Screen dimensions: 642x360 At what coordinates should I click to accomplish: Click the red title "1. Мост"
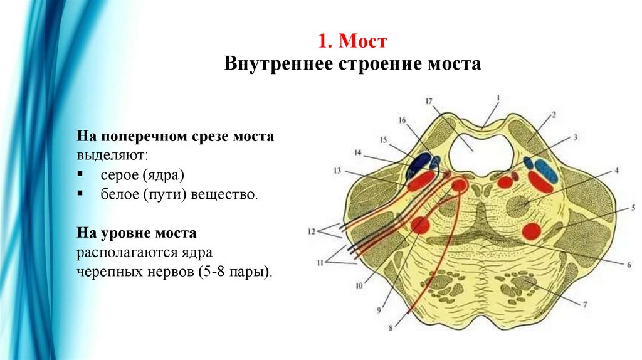click(352, 42)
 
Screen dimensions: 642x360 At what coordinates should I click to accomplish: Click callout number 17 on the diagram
click(428, 101)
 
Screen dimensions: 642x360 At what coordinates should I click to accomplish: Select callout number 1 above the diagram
click(498, 97)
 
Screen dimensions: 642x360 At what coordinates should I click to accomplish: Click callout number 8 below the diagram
click(391, 327)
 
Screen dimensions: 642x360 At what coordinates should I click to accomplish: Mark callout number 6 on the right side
click(629, 265)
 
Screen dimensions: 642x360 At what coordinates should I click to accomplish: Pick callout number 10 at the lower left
click(359, 286)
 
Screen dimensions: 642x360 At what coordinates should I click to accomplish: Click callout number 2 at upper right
click(554, 115)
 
